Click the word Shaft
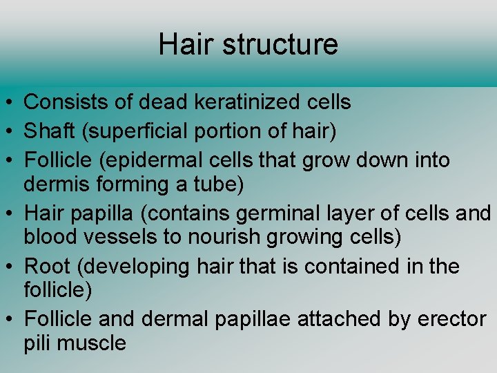pos(48,131)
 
